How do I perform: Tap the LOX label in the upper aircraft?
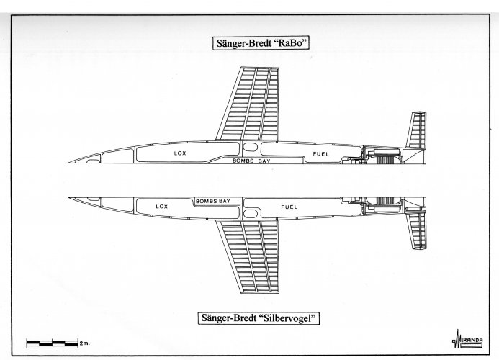coord(179,153)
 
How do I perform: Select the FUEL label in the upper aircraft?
coord(320,154)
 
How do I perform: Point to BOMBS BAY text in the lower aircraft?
coord(214,199)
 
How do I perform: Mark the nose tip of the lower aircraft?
coord(66,197)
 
